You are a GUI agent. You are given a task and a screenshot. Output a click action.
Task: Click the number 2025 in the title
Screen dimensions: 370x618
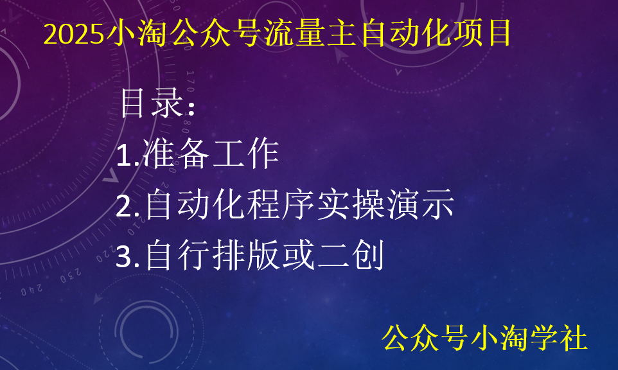click(73, 34)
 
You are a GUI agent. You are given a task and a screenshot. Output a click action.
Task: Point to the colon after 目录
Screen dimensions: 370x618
click(190, 107)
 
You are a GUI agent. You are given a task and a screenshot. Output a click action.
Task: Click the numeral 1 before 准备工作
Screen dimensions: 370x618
click(124, 155)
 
